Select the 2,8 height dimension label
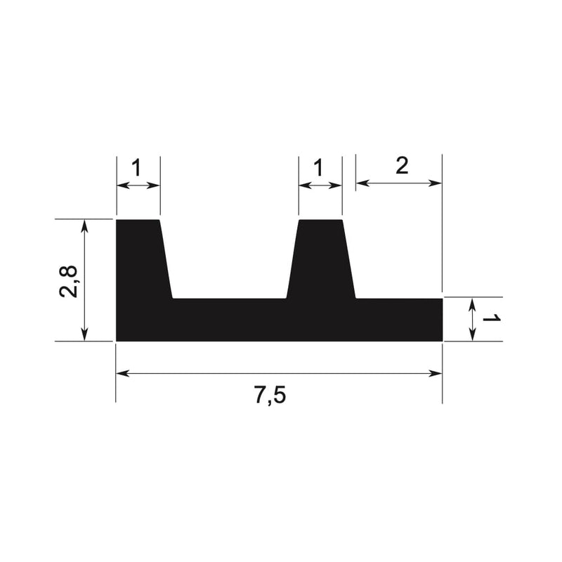(67, 281)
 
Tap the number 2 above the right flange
(402, 166)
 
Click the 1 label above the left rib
(137, 168)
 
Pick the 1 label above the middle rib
(318, 168)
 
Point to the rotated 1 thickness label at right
(491, 318)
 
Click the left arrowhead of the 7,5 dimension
(122, 374)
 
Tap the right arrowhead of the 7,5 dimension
(436, 374)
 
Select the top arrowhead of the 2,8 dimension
(84, 226)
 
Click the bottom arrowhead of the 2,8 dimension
(84, 334)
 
